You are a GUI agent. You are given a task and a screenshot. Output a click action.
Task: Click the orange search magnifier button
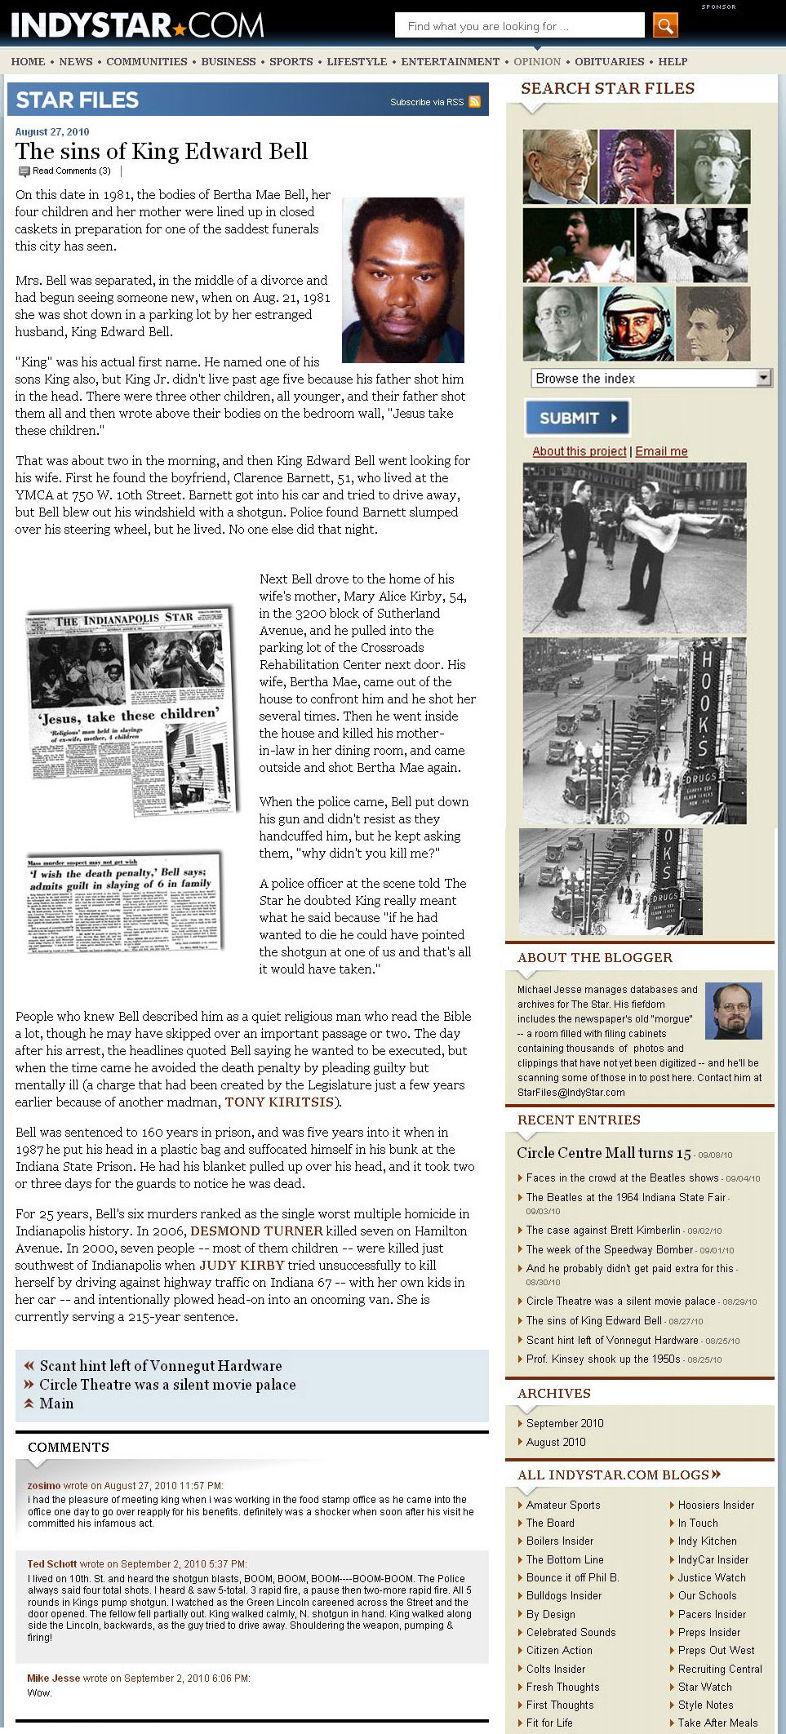click(665, 25)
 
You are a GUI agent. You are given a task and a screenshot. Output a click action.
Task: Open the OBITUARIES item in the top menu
click(609, 61)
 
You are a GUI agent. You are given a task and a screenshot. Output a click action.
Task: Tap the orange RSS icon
click(474, 102)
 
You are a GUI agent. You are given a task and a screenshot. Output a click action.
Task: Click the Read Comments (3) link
click(71, 171)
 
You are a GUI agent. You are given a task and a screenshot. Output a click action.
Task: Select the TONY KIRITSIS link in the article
click(279, 1102)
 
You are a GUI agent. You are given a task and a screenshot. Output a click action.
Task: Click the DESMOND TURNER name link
click(256, 1231)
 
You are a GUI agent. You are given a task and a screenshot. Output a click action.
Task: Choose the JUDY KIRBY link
click(242, 1265)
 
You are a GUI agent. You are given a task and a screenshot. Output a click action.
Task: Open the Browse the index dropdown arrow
click(763, 378)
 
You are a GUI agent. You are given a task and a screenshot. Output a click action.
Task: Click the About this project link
click(580, 451)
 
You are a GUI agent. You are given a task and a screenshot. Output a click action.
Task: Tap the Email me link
click(661, 451)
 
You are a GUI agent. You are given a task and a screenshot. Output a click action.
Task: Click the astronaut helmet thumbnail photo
click(637, 323)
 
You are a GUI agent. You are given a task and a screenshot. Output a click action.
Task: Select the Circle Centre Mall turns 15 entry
click(604, 1153)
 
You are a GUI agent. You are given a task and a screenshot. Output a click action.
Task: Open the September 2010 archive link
click(565, 1423)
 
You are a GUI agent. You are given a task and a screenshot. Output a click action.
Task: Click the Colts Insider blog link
click(556, 1669)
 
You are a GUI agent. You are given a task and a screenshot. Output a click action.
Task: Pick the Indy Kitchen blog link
click(707, 1541)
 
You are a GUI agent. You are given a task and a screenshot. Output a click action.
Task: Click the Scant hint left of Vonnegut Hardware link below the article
click(161, 1366)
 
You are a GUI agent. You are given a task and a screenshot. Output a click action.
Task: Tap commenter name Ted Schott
click(52, 1564)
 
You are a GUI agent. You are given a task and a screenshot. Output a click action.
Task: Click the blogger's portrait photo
click(733, 1010)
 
